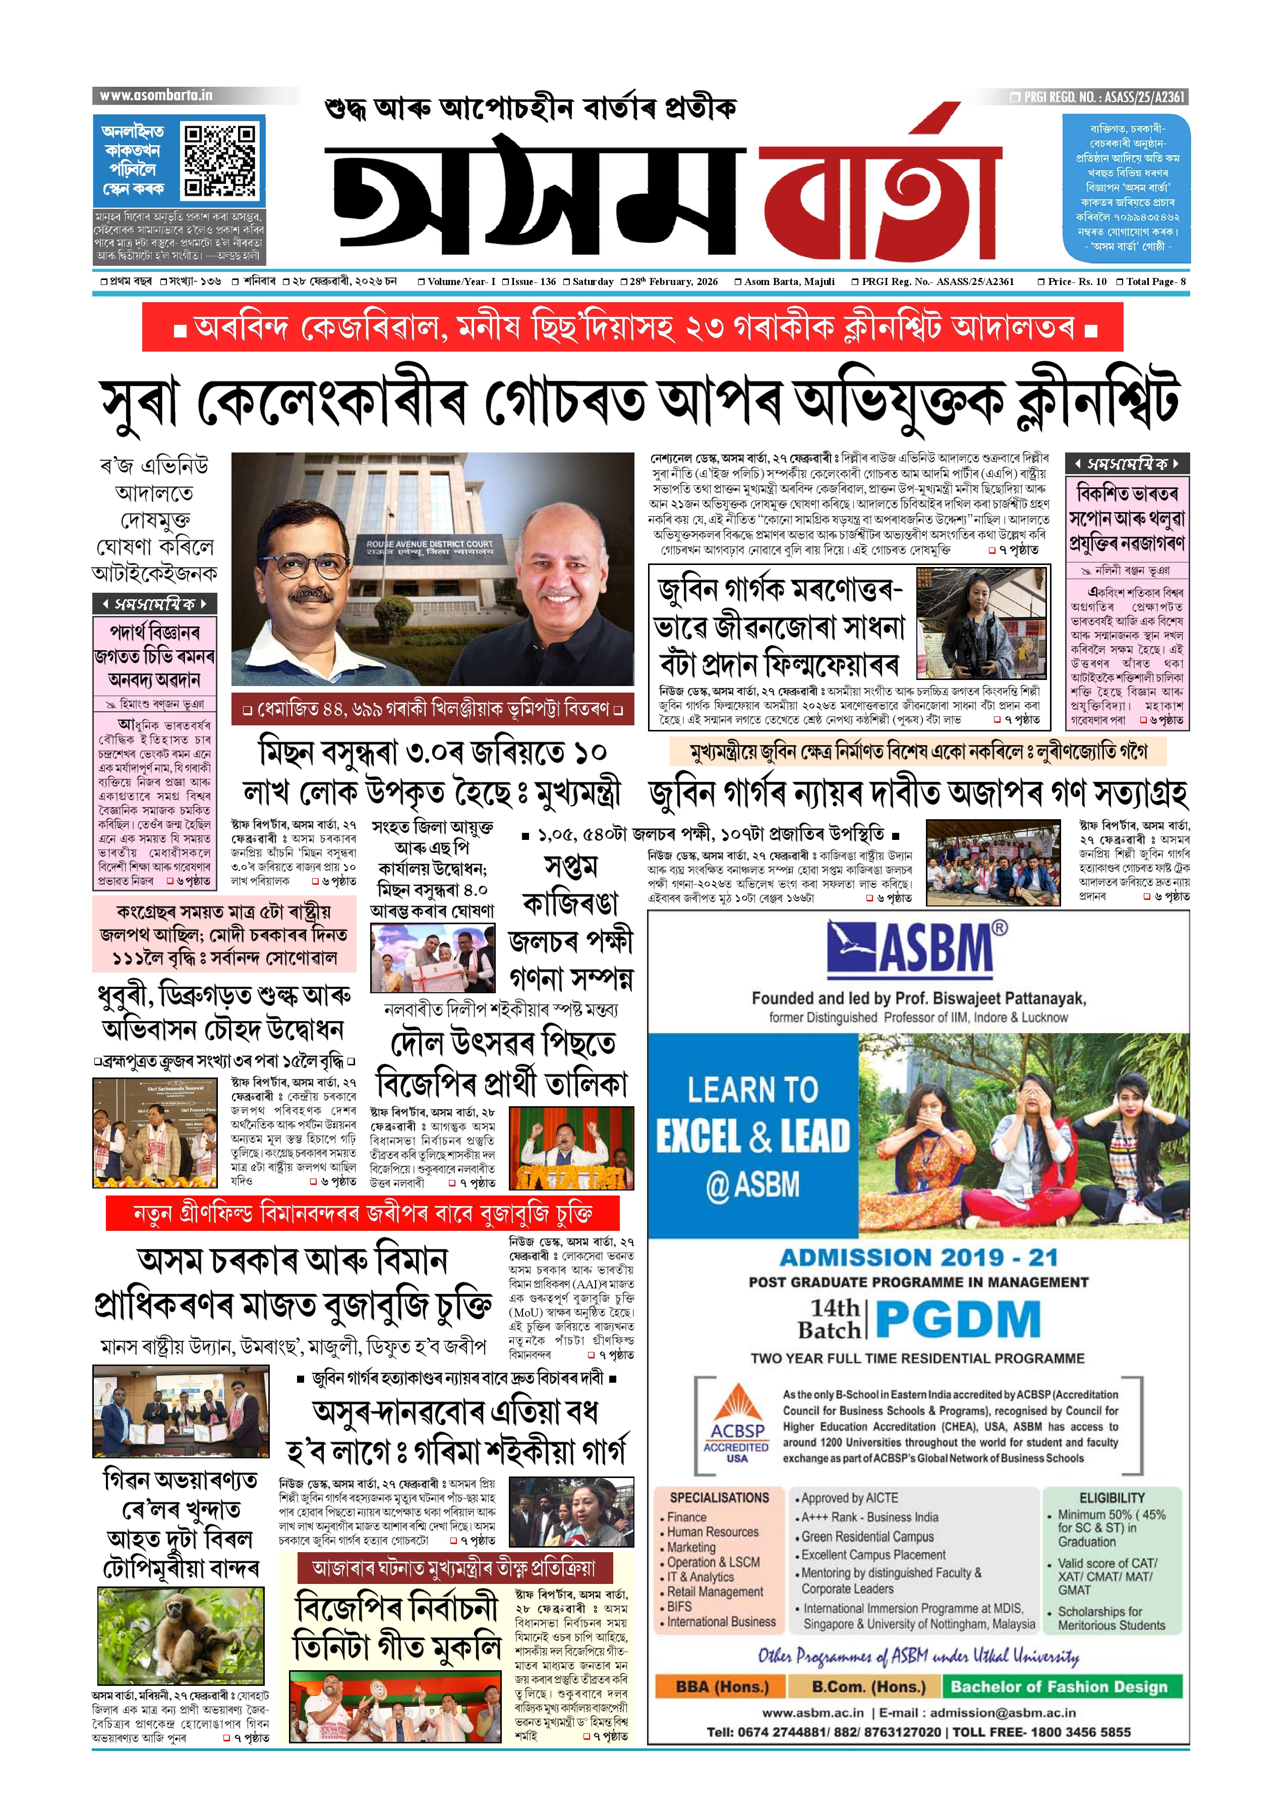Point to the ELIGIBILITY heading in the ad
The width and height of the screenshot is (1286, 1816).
point(1112,1498)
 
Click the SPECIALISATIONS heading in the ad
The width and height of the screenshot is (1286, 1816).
point(719,1498)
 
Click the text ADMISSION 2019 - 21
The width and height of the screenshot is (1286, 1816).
point(918,1258)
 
